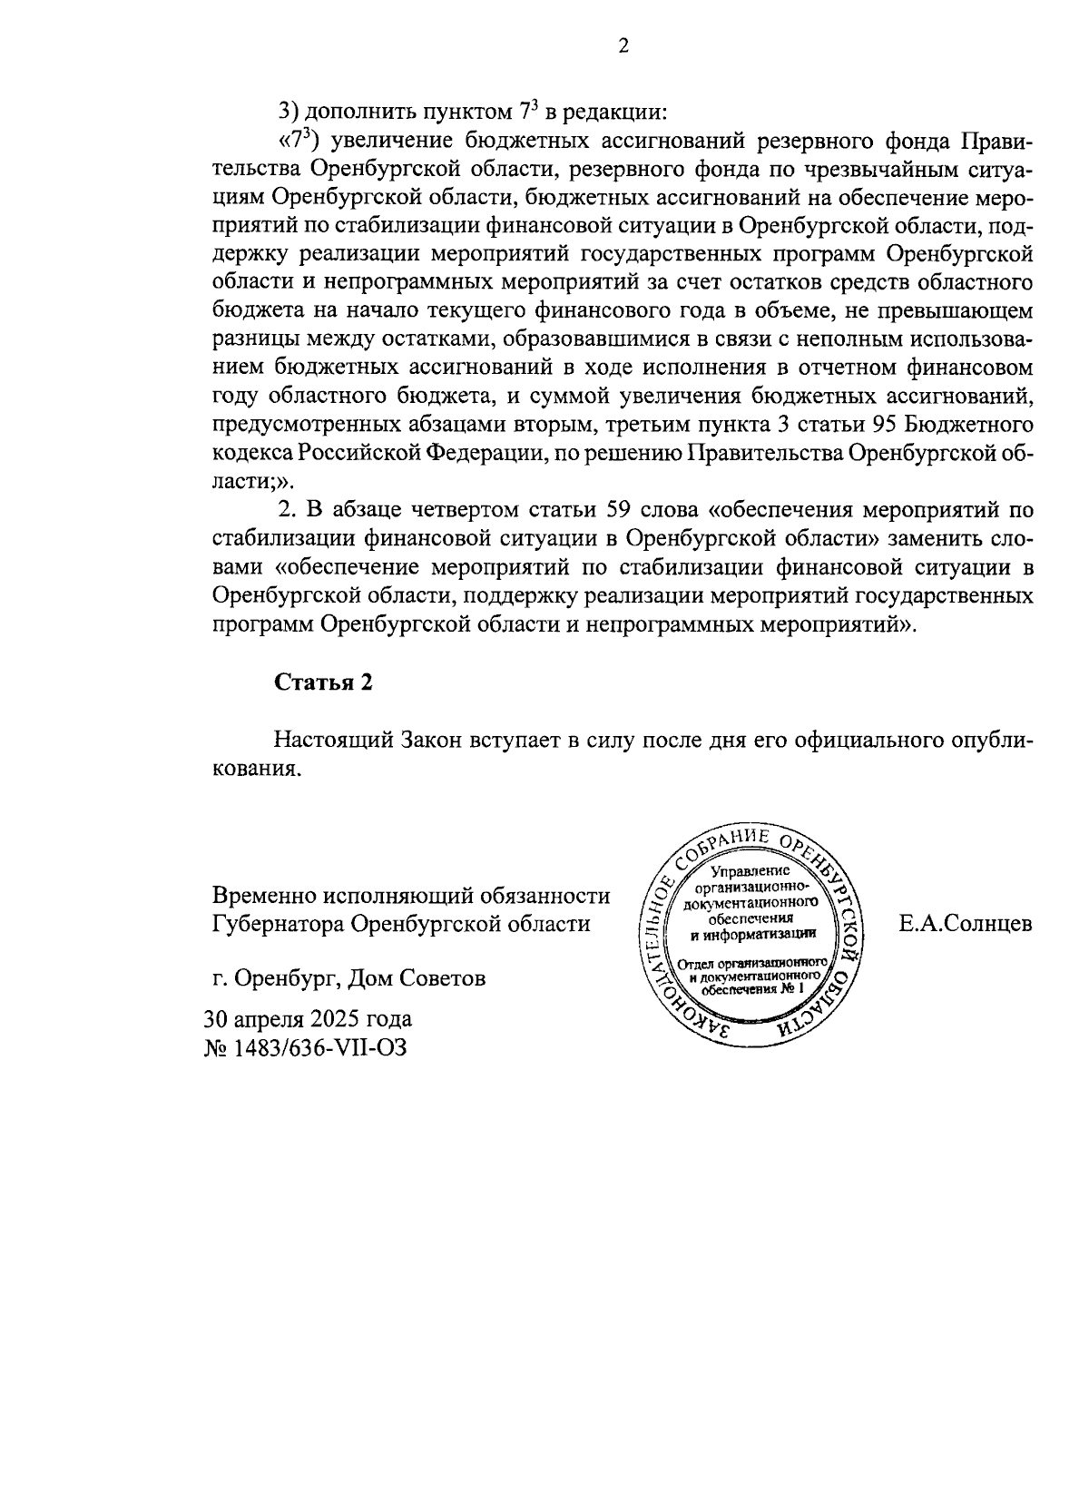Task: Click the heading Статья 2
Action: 324,683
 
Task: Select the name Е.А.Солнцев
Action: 966,924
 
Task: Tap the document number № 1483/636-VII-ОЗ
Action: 307,1048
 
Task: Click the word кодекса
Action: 250,453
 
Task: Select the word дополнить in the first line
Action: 353,113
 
